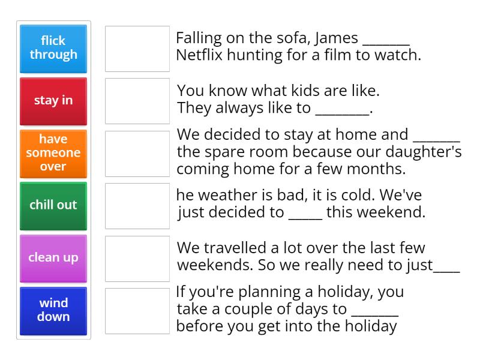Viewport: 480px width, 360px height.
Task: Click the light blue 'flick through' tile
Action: pyautogui.click(x=53, y=48)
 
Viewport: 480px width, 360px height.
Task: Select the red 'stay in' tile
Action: pyautogui.click(x=53, y=100)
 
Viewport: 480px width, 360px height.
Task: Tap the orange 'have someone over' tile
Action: pyautogui.click(x=53, y=152)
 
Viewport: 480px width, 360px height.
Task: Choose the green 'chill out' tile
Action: pyautogui.click(x=53, y=205)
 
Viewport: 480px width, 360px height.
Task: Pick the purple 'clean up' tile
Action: pyautogui.click(x=53, y=257)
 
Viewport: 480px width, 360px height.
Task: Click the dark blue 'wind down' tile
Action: pyautogui.click(x=53, y=310)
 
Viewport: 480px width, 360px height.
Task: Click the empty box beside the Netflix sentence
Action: pyautogui.click(x=137, y=49)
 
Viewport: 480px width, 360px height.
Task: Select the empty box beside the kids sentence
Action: pyautogui.click(x=137, y=101)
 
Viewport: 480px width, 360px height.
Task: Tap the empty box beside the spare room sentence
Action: pyautogui.click(x=137, y=153)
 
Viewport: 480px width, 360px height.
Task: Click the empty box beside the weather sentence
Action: pyautogui.click(x=137, y=206)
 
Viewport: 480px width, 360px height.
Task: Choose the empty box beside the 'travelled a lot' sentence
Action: pyautogui.click(x=137, y=258)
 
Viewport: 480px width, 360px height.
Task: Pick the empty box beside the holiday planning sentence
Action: pyautogui.click(x=137, y=310)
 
